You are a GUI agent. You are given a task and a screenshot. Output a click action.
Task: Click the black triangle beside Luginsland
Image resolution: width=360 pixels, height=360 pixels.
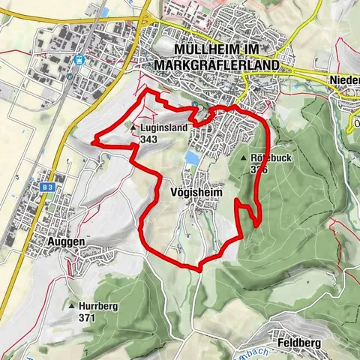tap(133, 128)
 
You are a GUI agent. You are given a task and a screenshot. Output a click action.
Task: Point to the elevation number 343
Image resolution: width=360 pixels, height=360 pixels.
tap(148, 139)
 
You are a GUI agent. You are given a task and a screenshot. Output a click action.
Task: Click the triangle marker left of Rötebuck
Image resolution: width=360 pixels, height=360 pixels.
tap(244, 159)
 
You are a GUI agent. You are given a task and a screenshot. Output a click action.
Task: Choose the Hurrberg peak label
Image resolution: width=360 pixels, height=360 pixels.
tap(100, 306)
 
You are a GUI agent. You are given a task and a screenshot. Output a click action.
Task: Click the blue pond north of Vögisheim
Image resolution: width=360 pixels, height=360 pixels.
tap(193, 158)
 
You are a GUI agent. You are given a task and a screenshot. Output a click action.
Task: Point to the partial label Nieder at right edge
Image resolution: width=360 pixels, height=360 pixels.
tap(344, 79)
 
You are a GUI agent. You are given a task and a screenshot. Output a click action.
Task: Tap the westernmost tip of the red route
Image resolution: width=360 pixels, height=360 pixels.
tap(92, 140)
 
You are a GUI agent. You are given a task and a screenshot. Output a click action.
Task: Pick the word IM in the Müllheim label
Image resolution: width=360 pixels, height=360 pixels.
tap(264, 50)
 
